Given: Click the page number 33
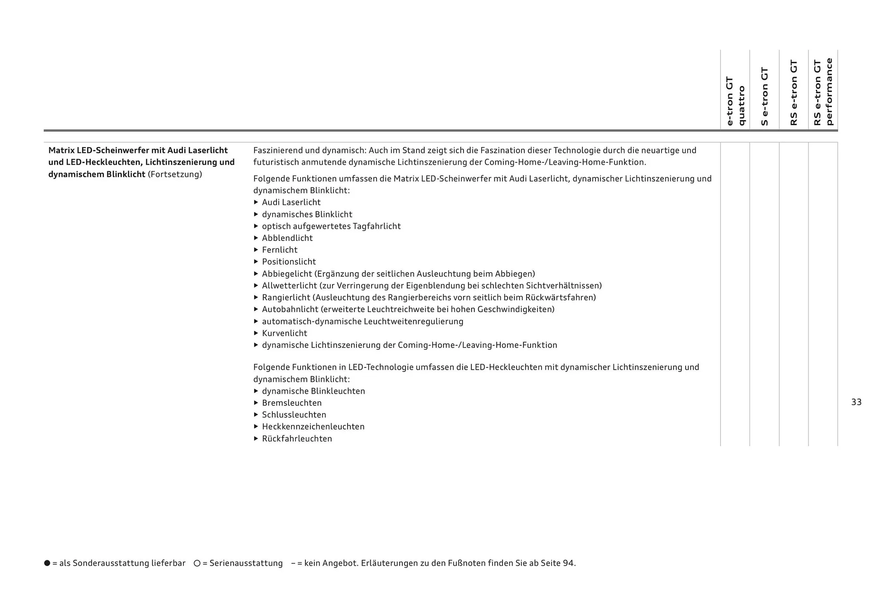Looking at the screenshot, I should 856,402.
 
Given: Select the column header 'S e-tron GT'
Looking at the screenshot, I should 764,96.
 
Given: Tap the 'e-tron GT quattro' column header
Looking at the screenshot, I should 735,101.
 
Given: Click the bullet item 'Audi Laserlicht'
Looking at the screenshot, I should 291,202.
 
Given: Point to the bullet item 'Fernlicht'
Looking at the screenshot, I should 280,250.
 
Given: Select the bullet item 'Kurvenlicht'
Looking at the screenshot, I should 284,333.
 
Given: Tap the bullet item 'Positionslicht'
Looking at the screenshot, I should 289,262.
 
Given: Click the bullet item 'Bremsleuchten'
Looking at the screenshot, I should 291,403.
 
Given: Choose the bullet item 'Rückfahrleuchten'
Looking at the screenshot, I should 297,439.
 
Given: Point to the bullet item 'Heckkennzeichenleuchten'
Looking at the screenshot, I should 313,427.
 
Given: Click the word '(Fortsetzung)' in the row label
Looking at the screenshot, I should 175,175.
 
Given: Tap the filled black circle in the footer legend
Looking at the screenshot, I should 47,563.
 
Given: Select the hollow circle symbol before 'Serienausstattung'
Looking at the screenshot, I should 197,563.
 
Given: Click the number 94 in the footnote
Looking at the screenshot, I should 568,563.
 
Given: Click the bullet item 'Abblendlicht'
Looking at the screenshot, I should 287,238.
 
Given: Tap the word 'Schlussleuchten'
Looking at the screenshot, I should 294,415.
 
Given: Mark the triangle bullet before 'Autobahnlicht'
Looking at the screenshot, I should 256,309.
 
